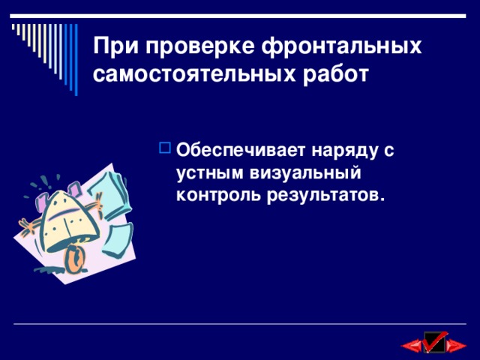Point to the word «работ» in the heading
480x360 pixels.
point(335,75)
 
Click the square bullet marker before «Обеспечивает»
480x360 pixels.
point(165,149)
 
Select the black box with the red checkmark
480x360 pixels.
point(435,343)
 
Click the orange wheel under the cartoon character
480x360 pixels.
point(75,257)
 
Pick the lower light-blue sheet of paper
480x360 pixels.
point(112,213)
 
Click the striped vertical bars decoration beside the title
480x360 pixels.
point(45,49)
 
